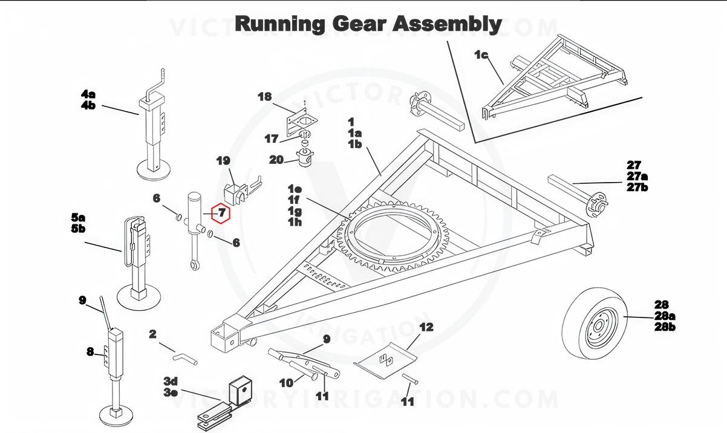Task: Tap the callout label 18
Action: click(265, 97)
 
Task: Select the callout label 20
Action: click(276, 160)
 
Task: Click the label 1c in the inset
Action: click(481, 55)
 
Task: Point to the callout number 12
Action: click(426, 328)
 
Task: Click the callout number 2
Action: click(152, 334)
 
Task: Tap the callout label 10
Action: click(286, 382)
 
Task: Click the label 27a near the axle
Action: click(637, 176)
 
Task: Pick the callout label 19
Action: click(223, 161)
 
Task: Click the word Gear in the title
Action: click(358, 24)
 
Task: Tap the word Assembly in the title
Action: click(448, 24)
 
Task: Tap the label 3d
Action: click(171, 380)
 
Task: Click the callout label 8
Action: click(90, 351)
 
